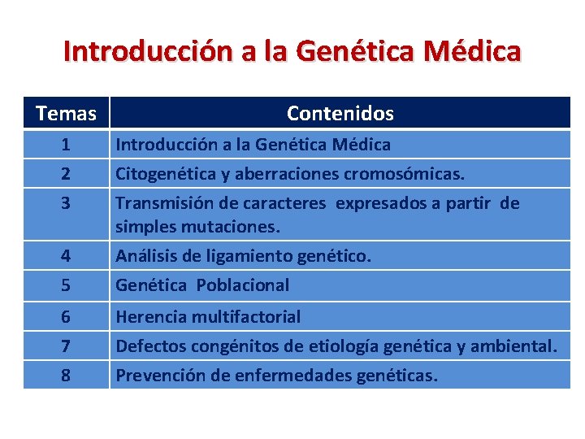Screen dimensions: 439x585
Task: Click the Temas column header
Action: (66, 114)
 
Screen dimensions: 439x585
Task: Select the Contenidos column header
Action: (340, 114)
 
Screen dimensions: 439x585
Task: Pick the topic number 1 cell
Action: (66, 145)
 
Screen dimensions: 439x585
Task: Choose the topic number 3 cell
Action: (66, 203)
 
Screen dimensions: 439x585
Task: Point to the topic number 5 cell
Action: (66, 285)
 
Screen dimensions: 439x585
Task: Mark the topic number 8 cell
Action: (66, 376)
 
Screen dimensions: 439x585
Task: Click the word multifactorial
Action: (245, 316)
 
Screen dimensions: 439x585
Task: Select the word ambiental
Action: (513, 346)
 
